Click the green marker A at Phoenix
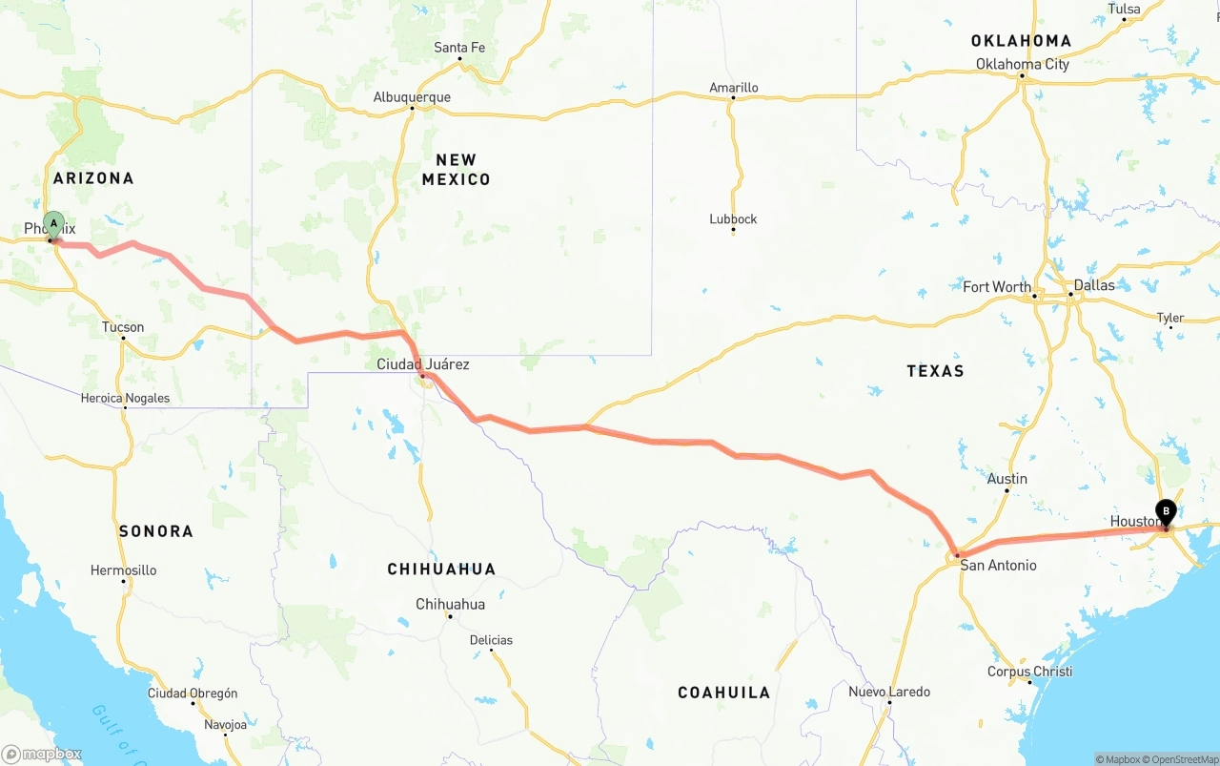pyautogui.click(x=53, y=225)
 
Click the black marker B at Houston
pyautogui.click(x=1166, y=512)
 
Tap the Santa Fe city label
pyautogui.click(x=459, y=48)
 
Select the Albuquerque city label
pyautogui.click(x=412, y=97)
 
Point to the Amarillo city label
pyautogui.click(x=734, y=88)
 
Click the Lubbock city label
pyautogui.click(x=733, y=219)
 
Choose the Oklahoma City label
pyautogui.click(x=1022, y=64)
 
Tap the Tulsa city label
pyautogui.click(x=1124, y=10)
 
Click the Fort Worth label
pyautogui.click(x=996, y=287)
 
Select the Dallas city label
pyautogui.click(x=1093, y=285)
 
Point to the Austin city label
pyautogui.click(x=1007, y=479)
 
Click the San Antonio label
pyautogui.click(x=998, y=566)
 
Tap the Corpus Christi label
pyautogui.click(x=1029, y=672)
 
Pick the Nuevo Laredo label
pyautogui.click(x=889, y=692)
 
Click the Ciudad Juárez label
pyautogui.click(x=423, y=364)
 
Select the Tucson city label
pyautogui.click(x=123, y=327)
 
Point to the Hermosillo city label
pyautogui.click(x=123, y=570)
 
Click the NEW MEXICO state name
pyautogui.click(x=456, y=170)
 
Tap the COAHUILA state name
pyautogui.click(x=723, y=693)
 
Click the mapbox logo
pyautogui.click(x=42, y=754)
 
